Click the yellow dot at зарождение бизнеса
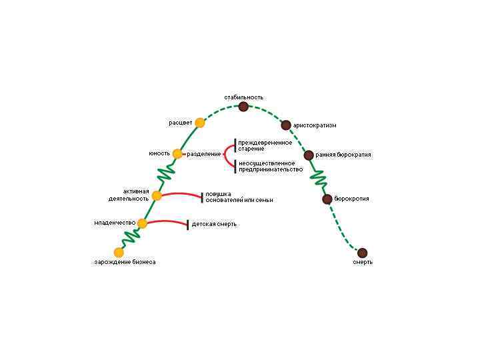119,252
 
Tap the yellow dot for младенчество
142,223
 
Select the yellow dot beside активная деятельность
157,195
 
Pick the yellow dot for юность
177,154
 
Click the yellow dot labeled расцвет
199,123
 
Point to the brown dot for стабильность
243,107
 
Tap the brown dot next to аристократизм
286,125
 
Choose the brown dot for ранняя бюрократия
309,155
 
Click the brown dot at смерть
362,253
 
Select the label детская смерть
214,224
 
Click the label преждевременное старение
265,145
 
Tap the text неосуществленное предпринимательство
267,166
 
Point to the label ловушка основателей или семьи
239,197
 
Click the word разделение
204,154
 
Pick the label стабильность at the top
243,97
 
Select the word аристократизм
315,125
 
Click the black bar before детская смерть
187,225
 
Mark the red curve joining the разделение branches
226,155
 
